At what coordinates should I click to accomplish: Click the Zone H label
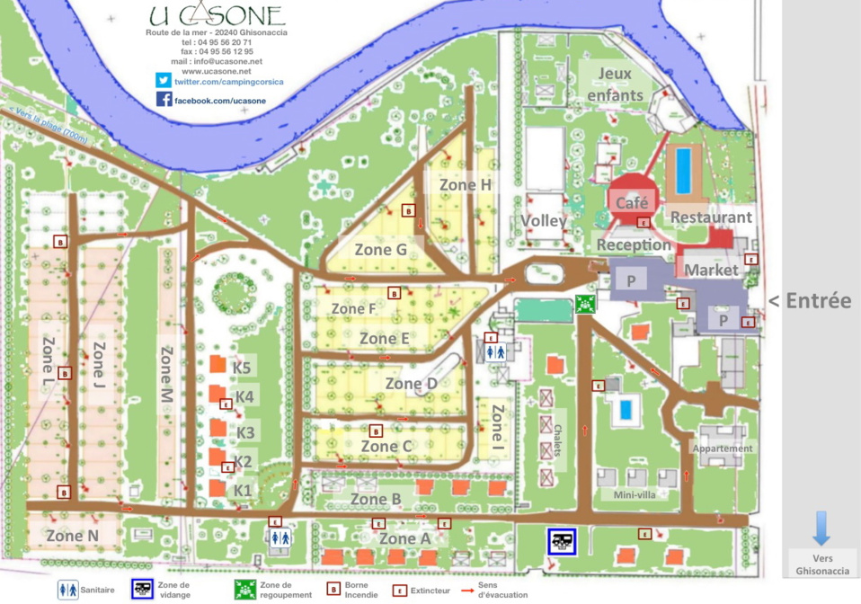[x=466, y=184]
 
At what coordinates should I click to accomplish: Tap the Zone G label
[x=380, y=249]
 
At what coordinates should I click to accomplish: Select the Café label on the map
[x=632, y=204]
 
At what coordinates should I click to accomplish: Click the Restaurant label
[x=711, y=218]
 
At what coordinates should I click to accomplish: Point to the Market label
[x=711, y=270]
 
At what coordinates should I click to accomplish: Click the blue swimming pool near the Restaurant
[x=684, y=171]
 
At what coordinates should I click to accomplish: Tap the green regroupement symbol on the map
[x=586, y=305]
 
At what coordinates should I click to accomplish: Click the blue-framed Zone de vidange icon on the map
[x=562, y=542]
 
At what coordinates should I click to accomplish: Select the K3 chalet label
[x=245, y=432]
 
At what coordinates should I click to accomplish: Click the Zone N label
[x=72, y=536]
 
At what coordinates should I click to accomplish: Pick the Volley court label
[x=543, y=221]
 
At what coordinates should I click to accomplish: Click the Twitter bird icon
[x=164, y=80]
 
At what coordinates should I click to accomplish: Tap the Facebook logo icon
[x=164, y=100]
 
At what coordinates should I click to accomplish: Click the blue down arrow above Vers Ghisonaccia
[x=821, y=528]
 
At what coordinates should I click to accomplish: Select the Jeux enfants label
[x=615, y=84]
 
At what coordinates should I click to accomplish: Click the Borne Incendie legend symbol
[x=333, y=591]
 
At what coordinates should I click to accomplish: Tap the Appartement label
[x=723, y=449]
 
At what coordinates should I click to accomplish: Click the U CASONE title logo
[x=217, y=15]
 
